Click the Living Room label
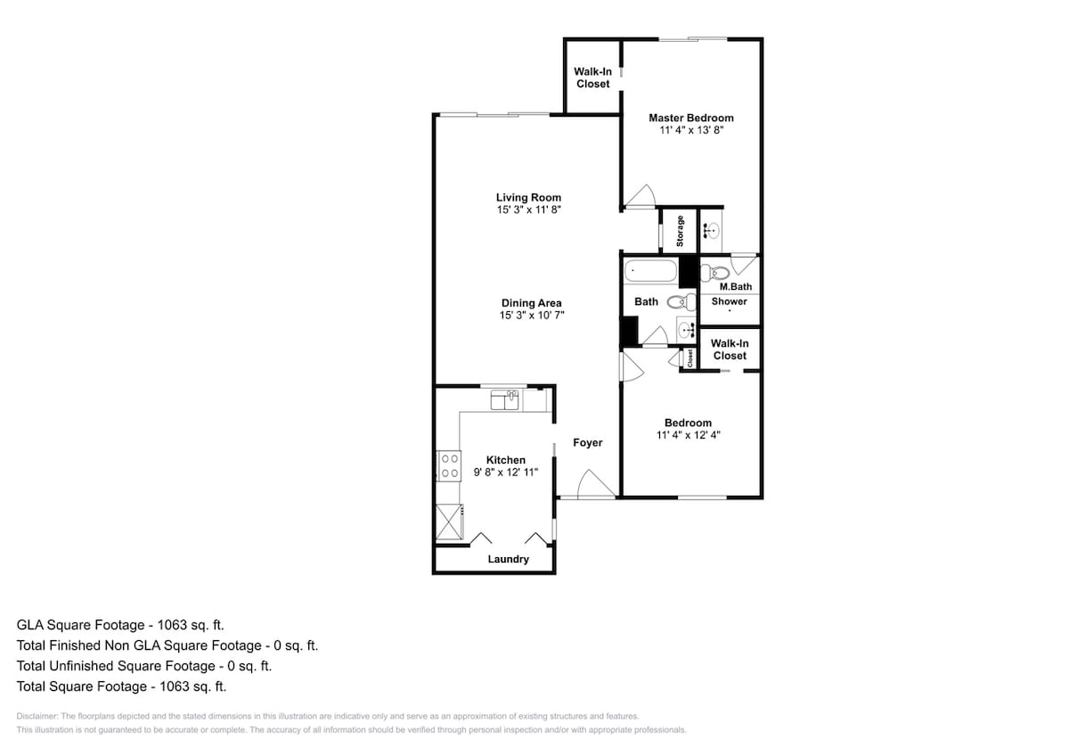528,197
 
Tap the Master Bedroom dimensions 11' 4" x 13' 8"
691,130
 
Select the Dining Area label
531,303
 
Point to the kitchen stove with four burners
449,466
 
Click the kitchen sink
504,400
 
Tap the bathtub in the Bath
650,270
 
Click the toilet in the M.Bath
714,273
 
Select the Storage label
680,231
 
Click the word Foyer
587,443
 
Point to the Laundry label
509,559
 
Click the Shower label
730,301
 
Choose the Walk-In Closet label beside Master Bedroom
592,78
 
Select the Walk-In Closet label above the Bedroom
730,349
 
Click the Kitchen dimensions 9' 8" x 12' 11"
506,472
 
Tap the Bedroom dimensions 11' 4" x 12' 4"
688,435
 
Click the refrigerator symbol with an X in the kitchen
449,522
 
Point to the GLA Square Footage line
120,625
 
